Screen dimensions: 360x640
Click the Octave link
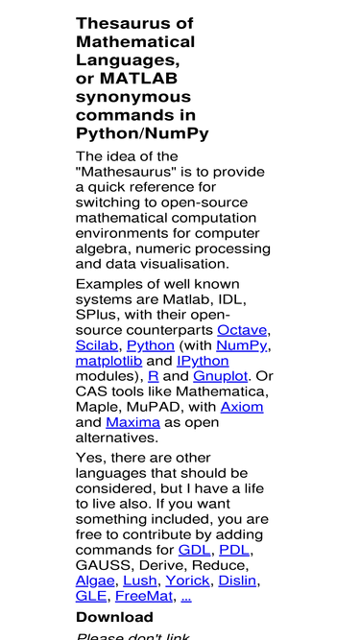tap(242, 330)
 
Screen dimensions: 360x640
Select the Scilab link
tap(97, 345)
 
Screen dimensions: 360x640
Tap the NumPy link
tap(242, 345)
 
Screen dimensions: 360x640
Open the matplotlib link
tap(108, 361)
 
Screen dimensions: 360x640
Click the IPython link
tap(203, 361)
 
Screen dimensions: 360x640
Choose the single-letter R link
tap(154, 376)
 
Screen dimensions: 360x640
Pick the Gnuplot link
tap(220, 376)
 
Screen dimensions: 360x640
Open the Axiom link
tap(241, 407)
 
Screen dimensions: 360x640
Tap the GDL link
tap(194, 550)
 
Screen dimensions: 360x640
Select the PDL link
tap(235, 550)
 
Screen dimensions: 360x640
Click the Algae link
tap(95, 581)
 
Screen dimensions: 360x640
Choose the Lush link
tap(140, 581)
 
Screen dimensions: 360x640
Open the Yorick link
tap(187, 581)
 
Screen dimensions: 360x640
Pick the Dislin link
tap(238, 581)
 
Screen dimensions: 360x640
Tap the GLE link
tap(91, 596)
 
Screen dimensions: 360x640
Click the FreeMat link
tap(144, 596)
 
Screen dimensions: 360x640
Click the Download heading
tap(114, 617)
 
